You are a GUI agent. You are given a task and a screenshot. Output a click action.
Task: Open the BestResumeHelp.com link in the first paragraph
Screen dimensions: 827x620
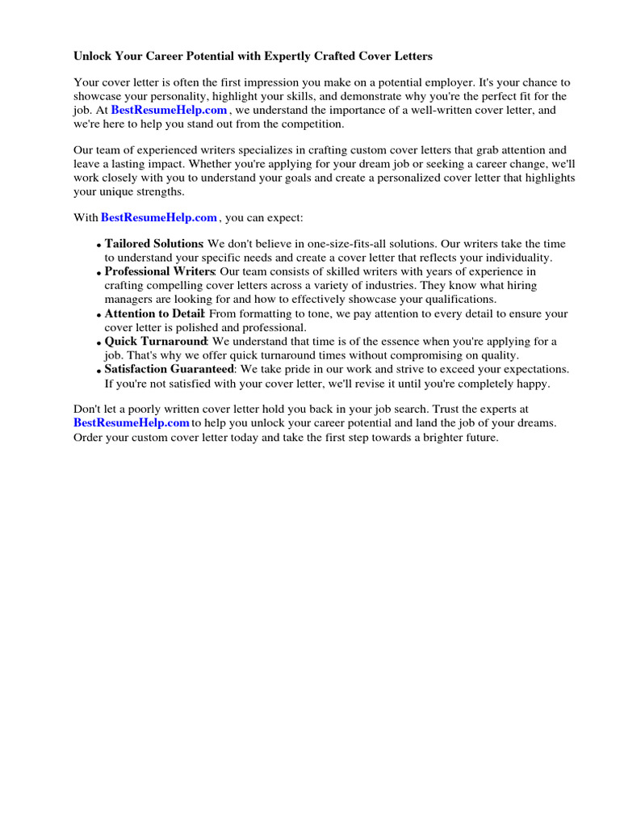[x=169, y=110]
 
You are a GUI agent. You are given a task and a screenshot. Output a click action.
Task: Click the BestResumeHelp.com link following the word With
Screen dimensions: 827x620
[x=159, y=217]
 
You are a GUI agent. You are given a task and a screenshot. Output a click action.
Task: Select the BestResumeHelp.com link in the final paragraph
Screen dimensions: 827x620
[x=132, y=422]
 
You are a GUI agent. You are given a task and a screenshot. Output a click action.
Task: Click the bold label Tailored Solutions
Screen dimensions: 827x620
[x=153, y=244]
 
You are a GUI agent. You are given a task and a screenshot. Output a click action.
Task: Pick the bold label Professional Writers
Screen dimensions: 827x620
[x=159, y=271]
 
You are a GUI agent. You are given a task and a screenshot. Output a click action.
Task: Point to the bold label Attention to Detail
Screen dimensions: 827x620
[x=155, y=313]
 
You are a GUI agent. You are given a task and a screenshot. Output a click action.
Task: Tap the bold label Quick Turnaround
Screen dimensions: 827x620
[x=156, y=342]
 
